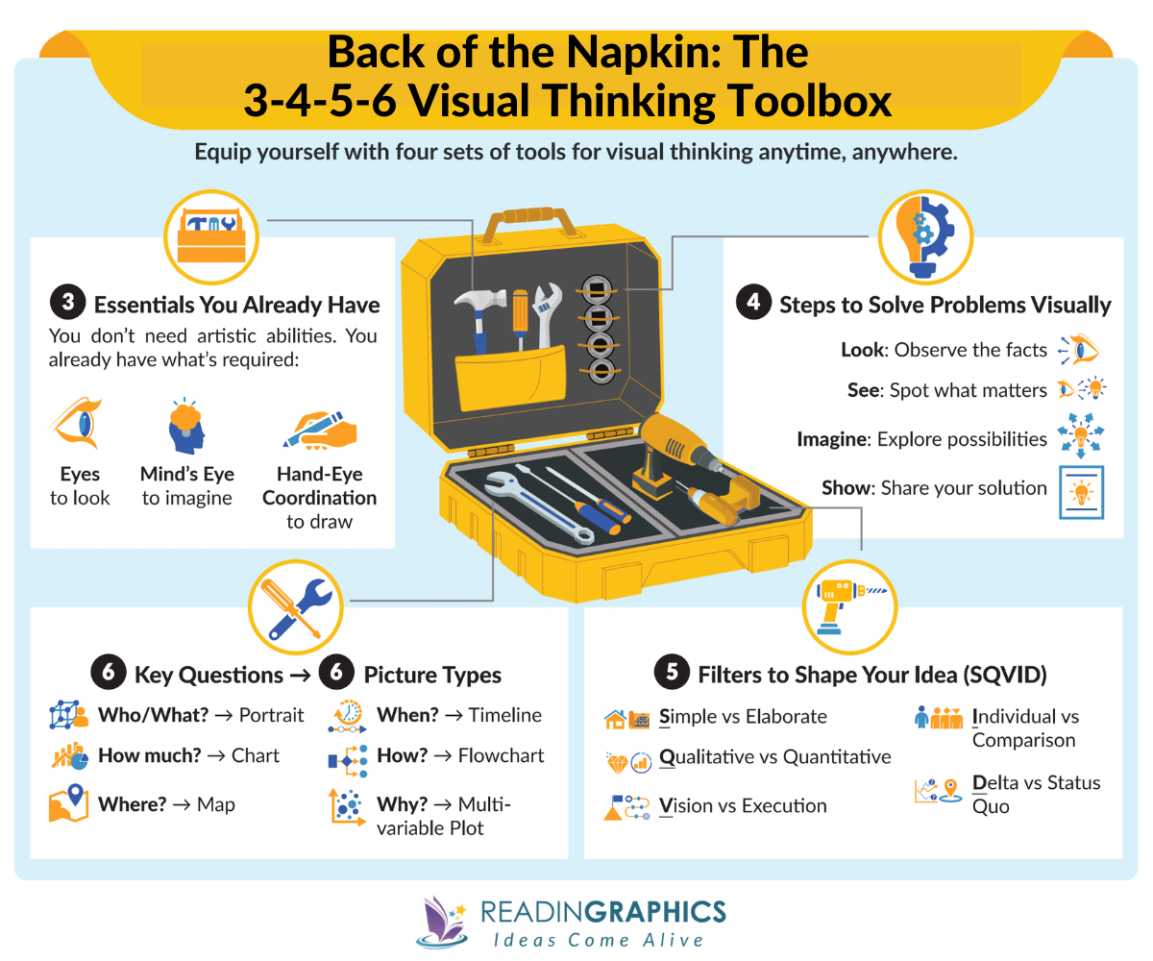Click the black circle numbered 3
pos(66,304)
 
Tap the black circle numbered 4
pos(752,304)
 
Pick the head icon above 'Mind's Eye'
pos(185,426)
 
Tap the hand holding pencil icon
pos(320,429)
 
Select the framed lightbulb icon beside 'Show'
pos(1081,492)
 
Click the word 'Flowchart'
pos(501,755)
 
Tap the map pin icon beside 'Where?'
pos(68,802)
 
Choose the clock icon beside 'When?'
pos(348,716)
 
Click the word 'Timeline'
pos(505,715)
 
